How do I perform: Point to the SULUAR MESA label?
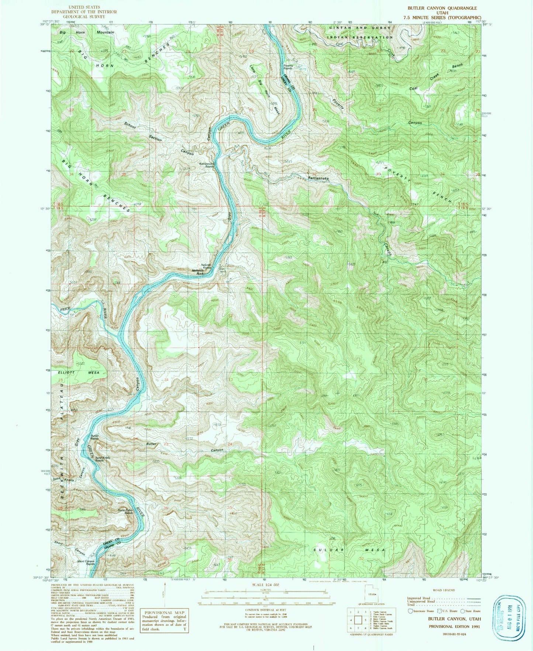pyautogui.click(x=349, y=550)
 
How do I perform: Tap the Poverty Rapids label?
pyautogui.click(x=288, y=67)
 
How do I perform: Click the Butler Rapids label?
pyautogui.click(x=95, y=437)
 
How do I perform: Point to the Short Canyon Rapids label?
pyautogui.click(x=86, y=562)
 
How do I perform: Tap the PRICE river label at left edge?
pyautogui.click(x=65, y=309)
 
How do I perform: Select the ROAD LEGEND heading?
pyautogui.click(x=444, y=590)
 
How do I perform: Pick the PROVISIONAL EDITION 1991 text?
pyautogui.click(x=454, y=626)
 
